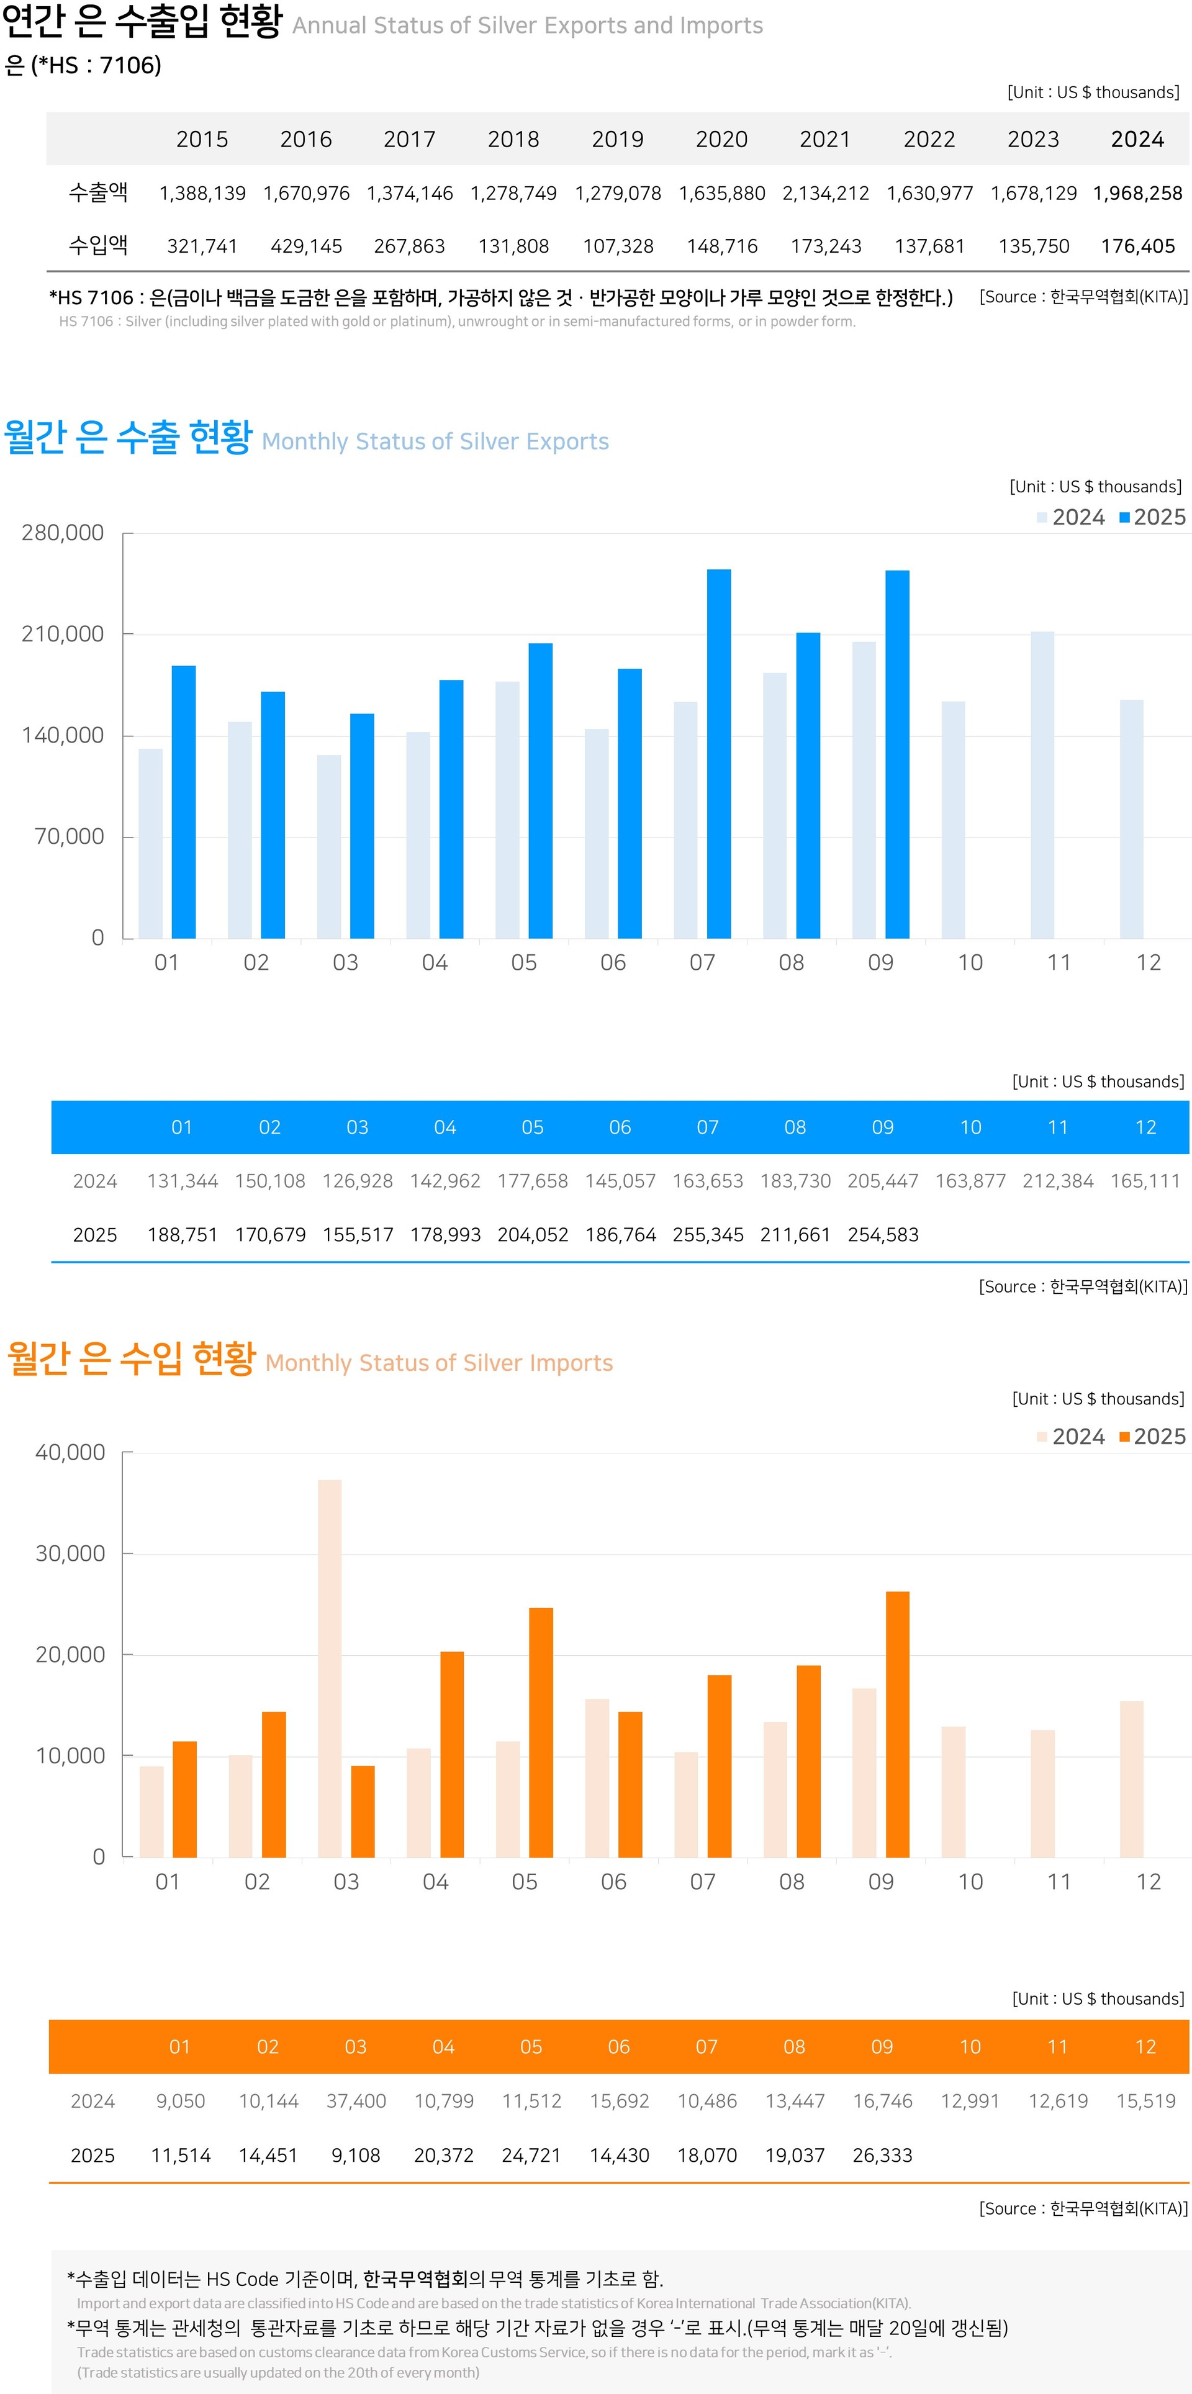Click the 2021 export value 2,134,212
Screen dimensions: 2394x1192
825,193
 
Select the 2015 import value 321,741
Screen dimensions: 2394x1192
202,246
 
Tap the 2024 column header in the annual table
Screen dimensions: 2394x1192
1137,140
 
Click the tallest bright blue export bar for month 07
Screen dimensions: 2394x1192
718,752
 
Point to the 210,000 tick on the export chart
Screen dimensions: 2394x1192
62,634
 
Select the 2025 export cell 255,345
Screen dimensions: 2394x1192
708,1234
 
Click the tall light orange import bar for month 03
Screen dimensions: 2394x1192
330,1668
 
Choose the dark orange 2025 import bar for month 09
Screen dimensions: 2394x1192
898,1724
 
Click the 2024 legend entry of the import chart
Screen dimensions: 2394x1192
1071,1436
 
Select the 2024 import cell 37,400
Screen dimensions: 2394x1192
356,2100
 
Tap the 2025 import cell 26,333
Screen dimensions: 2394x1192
883,2154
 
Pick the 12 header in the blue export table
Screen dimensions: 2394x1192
1145,1127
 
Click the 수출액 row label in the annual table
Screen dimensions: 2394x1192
99,192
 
